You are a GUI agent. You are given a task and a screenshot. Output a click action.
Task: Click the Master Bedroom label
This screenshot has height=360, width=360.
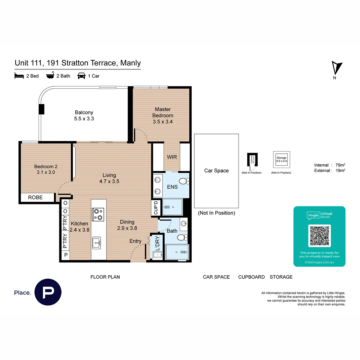click(x=163, y=115)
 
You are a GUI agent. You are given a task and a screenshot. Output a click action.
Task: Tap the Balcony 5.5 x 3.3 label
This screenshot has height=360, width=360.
click(x=84, y=115)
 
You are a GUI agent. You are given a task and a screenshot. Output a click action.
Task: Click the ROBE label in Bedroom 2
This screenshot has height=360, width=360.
click(x=35, y=197)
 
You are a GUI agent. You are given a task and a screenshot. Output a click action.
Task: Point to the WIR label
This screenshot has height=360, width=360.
click(x=172, y=157)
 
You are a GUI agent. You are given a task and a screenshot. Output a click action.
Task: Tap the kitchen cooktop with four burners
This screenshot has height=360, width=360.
click(x=98, y=214)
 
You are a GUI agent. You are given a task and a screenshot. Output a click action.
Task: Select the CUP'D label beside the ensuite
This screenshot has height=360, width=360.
click(x=156, y=208)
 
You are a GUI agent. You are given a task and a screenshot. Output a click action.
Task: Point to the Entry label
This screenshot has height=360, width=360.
click(x=135, y=241)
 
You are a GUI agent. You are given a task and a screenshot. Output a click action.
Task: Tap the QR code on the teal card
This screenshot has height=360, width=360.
click(x=320, y=236)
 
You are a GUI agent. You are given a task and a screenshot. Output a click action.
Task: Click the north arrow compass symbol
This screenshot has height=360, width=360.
click(x=337, y=68)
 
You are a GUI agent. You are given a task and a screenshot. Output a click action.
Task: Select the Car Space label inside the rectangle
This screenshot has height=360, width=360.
click(x=216, y=171)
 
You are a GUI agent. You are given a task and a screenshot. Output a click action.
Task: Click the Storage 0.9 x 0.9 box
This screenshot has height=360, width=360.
click(x=281, y=159)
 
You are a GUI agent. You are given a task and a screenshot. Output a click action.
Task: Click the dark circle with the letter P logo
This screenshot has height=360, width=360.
click(x=48, y=292)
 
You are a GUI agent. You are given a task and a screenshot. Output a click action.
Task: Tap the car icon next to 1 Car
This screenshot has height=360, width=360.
click(x=81, y=76)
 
